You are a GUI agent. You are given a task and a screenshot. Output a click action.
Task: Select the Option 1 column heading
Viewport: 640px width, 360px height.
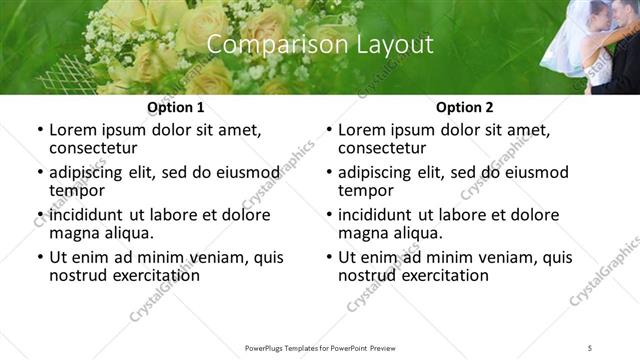(176, 107)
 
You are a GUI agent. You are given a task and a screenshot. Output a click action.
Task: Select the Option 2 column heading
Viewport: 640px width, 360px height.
(464, 107)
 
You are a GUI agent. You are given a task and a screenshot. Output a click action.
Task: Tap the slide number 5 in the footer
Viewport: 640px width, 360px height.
(590, 347)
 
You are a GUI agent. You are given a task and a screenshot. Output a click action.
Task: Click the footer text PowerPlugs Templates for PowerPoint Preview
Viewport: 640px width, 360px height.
(319, 347)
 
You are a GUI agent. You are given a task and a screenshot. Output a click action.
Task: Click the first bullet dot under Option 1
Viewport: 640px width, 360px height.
(39, 130)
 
